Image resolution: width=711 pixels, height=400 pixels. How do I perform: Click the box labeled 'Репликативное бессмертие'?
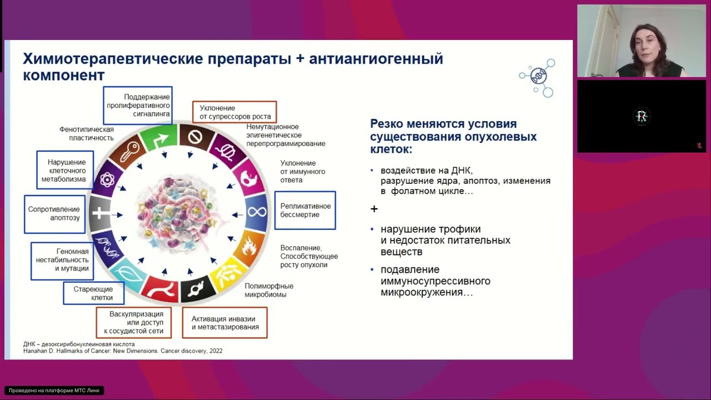pos(305,211)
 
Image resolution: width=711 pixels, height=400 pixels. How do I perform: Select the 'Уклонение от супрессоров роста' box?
pos(234,112)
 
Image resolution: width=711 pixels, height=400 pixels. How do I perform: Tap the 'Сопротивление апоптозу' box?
pos(54,214)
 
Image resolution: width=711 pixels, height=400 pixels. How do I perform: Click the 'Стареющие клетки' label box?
pos(93,293)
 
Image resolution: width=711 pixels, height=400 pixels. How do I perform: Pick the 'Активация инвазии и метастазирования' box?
pos(224,323)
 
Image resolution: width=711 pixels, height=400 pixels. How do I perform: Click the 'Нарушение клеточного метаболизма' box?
pos(64,171)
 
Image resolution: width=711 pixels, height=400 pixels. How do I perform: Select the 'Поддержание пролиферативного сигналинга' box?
pos(138,106)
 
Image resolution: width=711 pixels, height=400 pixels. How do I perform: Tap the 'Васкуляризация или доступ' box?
pos(133,323)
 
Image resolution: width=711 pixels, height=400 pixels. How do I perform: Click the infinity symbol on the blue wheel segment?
pos(257,212)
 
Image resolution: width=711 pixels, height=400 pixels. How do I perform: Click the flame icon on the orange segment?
pos(249,247)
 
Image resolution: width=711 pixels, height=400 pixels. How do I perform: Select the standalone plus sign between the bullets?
pos(374,209)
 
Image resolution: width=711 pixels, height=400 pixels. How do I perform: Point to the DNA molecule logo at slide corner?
pos(538,77)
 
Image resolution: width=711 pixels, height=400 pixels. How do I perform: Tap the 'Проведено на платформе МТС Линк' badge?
pos(54,391)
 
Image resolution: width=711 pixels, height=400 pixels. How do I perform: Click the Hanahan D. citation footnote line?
pos(123,351)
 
